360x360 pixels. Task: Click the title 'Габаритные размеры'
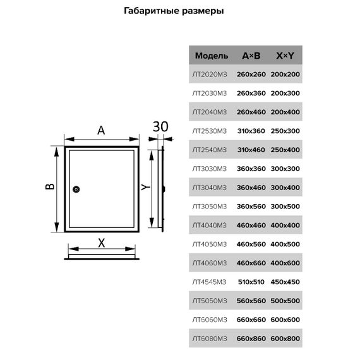click(174, 11)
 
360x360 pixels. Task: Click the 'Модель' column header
click(212, 56)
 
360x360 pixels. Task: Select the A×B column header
click(251, 56)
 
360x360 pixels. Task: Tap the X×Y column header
click(285, 56)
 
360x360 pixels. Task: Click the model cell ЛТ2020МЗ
click(210, 75)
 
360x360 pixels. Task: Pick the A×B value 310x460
click(251, 150)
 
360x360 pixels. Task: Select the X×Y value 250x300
click(285, 131)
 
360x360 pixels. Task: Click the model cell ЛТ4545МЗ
click(209, 282)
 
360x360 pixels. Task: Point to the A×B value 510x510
click(251, 282)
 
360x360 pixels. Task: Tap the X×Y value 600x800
click(285, 339)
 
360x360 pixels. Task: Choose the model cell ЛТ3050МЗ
click(210, 207)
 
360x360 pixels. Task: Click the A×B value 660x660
click(251, 320)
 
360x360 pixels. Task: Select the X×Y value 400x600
click(285, 263)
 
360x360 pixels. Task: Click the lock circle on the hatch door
click(76, 189)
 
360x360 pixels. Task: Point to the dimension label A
click(101, 130)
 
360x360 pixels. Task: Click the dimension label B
click(50, 186)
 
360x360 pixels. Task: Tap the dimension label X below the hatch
click(102, 243)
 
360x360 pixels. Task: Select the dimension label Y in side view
click(145, 188)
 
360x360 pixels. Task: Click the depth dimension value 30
click(160, 126)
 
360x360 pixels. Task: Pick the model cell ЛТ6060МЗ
click(210, 320)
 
